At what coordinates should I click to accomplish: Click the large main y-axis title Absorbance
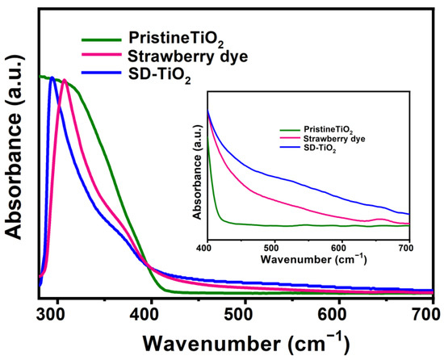point(16,153)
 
